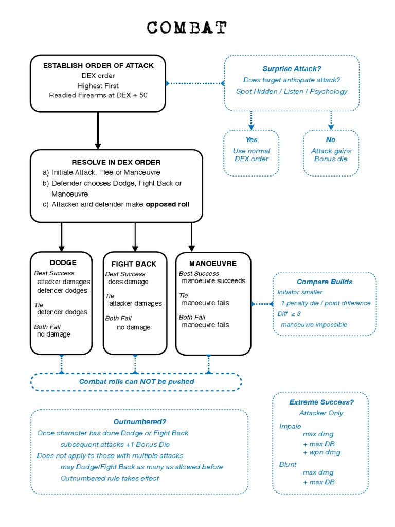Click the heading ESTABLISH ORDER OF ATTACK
click(x=98, y=65)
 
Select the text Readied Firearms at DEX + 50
click(x=98, y=95)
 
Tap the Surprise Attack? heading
click(x=292, y=68)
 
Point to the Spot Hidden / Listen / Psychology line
click(x=292, y=91)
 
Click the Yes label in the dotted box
click(x=252, y=139)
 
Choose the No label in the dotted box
click(x=331, y=139)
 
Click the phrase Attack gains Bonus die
click(x=331, y=155)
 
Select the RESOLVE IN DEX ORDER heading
click(x=116, y=162)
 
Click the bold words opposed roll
click(x=168, y=204)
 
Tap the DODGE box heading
click(x=63, y=262)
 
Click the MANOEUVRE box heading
click(x=212, y=263)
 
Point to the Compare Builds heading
click(x=325, y=282)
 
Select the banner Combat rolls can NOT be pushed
click(x=136, y=381)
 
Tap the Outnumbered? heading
click(x=140, y=421)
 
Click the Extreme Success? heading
click(x=321, y=402)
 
